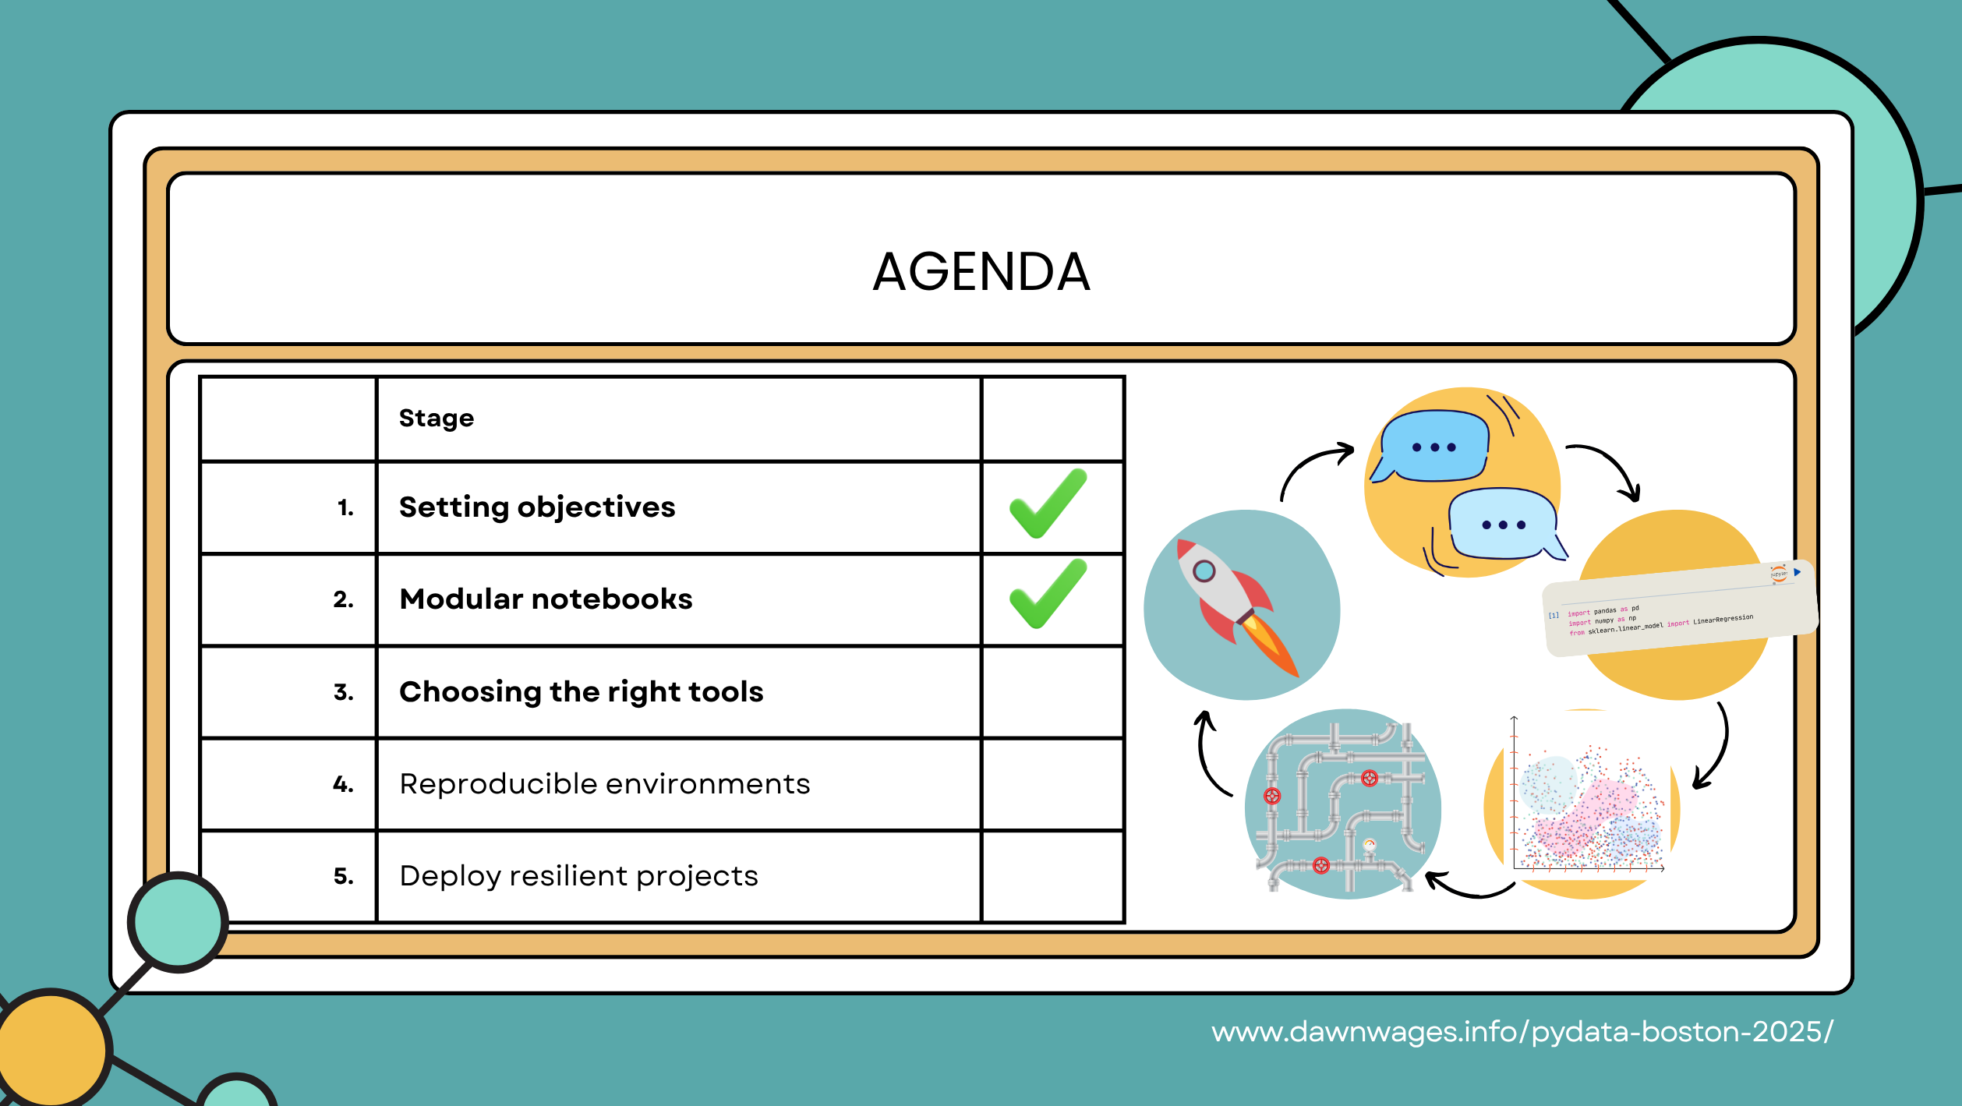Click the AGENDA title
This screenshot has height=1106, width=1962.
pyautogui.click(x=981, y=272)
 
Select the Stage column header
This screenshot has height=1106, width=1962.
pyautogui.click(x=437, y=419)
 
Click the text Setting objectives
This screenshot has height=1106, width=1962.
pyautogui.click(x=537, y=507)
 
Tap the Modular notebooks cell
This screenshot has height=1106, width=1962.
pyautogui.click(x=546, y=599)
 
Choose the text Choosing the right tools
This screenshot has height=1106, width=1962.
pyautogui.click(x=581, y=692)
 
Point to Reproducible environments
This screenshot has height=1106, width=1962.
pyautogui.click(x=604, y=784)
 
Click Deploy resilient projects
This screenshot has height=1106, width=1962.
pyautogui.click(x=578, y=876)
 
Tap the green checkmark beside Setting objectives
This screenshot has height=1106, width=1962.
pyautogui.click(x=1048, y=504)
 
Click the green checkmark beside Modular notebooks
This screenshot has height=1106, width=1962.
pyautogui.click(x=1048, y=595)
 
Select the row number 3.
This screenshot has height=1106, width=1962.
pyautogui.click(x=343, y=692)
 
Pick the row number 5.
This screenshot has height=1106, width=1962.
pyautogui.click(x=343, y=877)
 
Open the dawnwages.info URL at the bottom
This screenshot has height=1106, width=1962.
pyautogui.click(x=1522, y=1032)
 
